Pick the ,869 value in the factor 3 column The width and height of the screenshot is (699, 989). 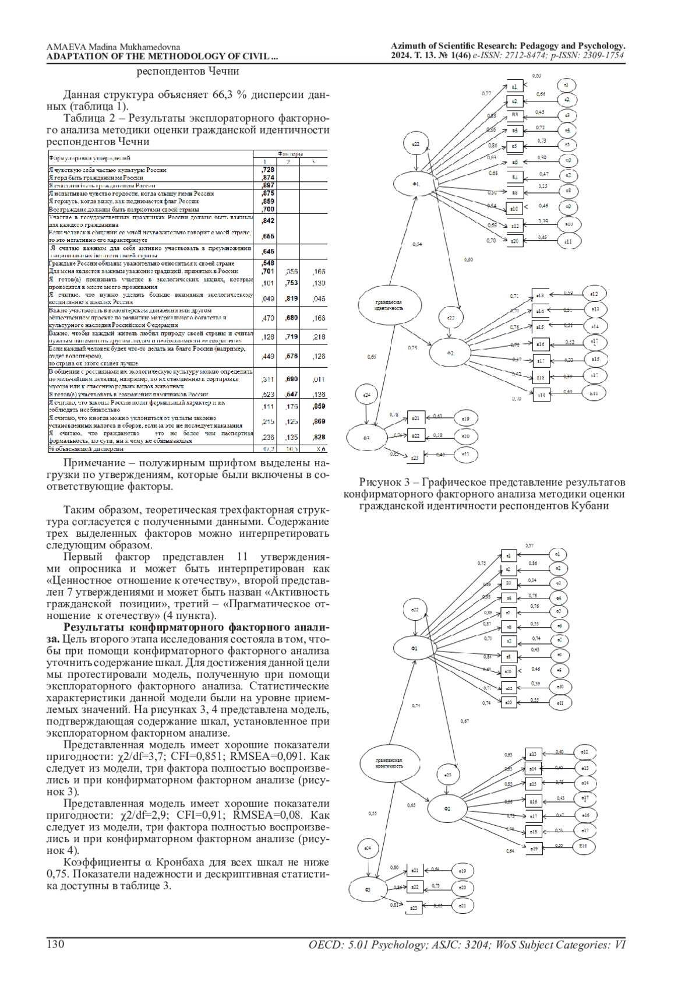(317, 421)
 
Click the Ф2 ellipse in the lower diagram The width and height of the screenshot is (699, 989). (447, 809)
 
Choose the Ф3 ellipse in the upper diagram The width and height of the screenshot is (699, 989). (366, 438)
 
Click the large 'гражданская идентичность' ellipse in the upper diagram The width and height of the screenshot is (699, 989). (389, 305)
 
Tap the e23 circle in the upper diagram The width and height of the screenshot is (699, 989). (451, 318)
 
